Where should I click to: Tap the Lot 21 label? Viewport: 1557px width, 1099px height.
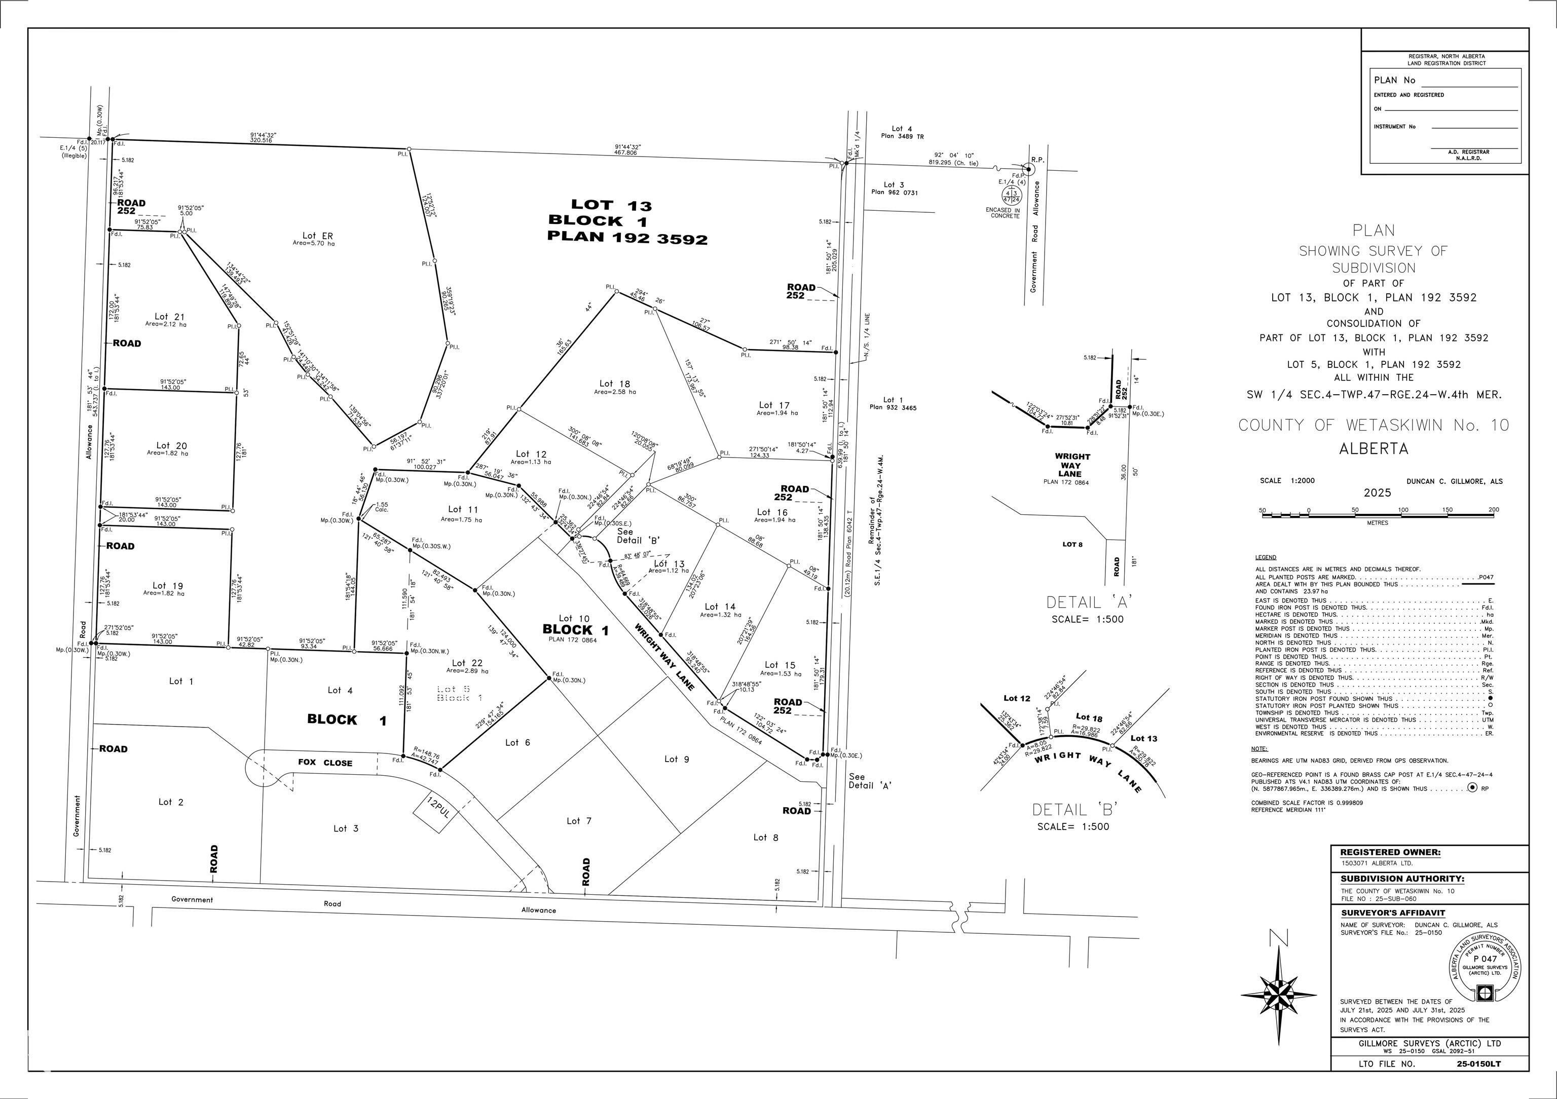point(169,317)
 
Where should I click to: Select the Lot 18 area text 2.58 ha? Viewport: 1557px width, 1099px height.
point(615,392)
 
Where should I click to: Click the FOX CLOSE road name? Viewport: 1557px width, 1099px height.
point(325,763)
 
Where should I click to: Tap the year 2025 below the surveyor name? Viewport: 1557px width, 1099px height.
point(1377,493)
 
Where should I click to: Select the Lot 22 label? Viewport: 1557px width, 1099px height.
point(467,663)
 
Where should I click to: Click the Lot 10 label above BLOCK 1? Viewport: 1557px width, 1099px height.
point(574,618)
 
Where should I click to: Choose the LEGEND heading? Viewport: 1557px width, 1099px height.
point(1266,557)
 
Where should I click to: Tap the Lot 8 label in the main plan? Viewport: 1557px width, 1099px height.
point(766,838)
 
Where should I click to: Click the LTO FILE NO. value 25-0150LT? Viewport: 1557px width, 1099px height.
point(1478,1064)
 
